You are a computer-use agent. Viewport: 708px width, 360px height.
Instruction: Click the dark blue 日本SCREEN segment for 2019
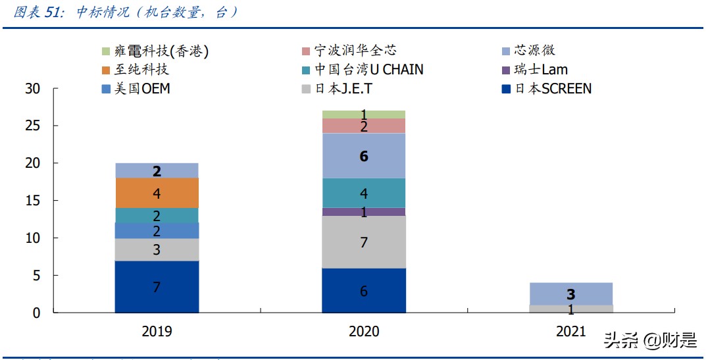(x=157, y=286)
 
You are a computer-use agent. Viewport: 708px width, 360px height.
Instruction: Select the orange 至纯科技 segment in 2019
(x=157, y=193)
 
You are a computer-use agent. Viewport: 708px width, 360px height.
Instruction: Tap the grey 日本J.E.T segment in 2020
(x=363, y=242)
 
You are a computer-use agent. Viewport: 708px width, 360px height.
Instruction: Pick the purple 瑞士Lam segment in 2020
(x=363, y=212)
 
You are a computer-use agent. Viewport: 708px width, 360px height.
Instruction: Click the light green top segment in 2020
(x=363, y=115)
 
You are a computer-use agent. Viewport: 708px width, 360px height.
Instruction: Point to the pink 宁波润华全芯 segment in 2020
(x=363, y=126)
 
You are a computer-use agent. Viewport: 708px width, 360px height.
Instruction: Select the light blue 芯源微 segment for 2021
(x=570, y=294)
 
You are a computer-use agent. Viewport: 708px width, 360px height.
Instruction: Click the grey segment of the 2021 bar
(x=570, y=309)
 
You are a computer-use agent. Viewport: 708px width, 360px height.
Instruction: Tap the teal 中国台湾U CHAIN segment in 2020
(x=363, y=193)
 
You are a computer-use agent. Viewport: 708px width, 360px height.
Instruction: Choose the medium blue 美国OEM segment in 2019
(x=157, y=230)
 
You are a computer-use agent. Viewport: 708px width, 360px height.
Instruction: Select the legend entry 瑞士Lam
(x=540, y=69)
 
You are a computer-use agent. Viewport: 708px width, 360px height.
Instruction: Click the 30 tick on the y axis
(x=33, y=88)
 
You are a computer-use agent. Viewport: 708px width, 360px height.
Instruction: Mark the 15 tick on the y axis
(x=33, y=200)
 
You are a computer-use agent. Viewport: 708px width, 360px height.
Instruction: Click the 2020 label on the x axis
(x=363, y=331)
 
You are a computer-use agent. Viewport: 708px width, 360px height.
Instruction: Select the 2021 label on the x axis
(x=570, y=331)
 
